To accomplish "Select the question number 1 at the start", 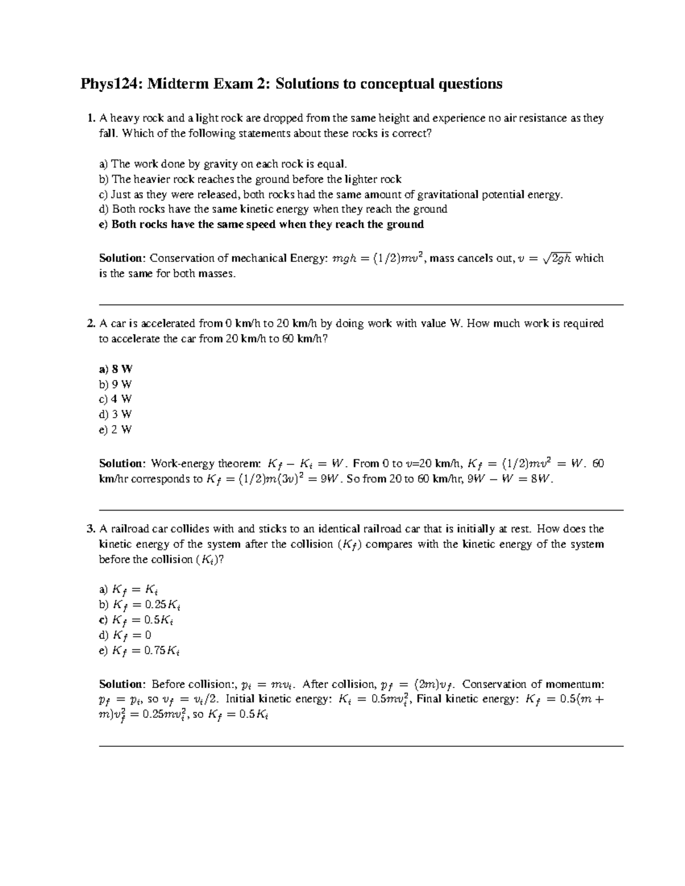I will [90, 119].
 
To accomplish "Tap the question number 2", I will [90, 323].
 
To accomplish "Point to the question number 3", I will [90, 529].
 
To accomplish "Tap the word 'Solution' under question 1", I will [122, 258].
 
